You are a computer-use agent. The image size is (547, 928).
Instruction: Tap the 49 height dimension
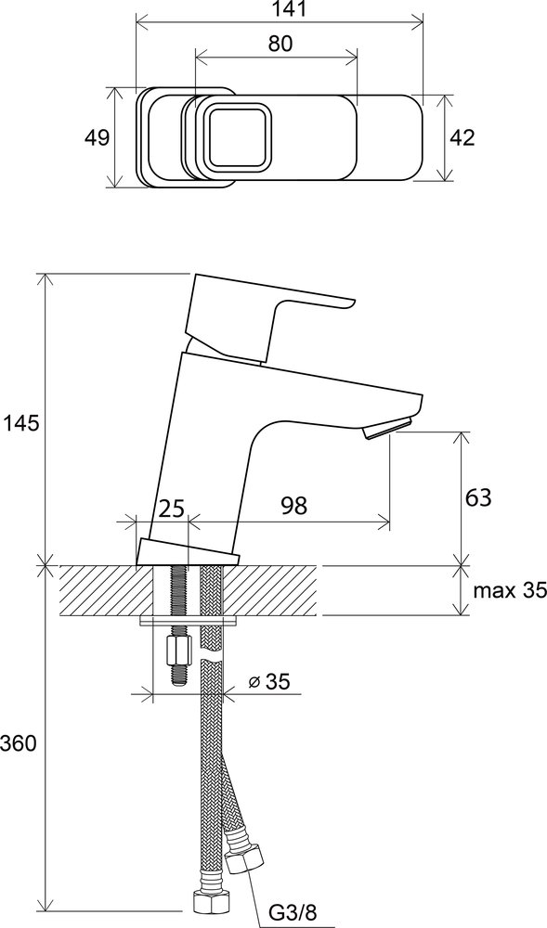[x=97, y=138]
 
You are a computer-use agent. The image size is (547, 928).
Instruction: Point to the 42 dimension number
[x=462, y=138]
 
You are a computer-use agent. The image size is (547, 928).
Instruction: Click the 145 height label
[x=22, y=423]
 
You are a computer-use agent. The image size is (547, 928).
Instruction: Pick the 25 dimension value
[x=172, y=508]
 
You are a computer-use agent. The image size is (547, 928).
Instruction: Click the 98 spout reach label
[x=294, y=507]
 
